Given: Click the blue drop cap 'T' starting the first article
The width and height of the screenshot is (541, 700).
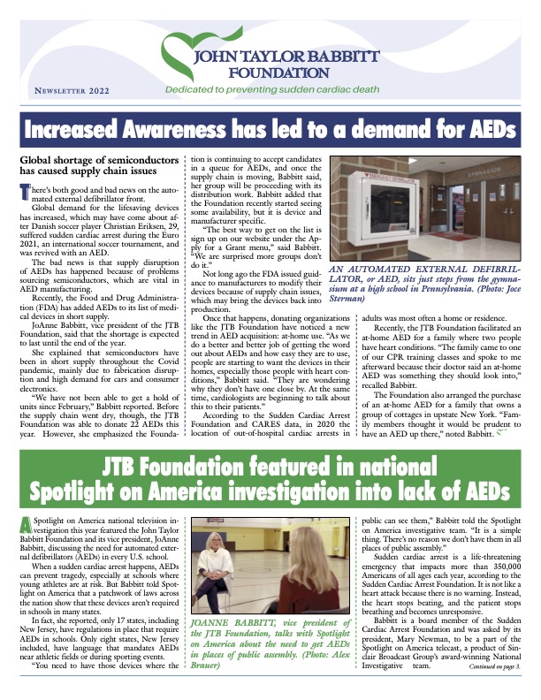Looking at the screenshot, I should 25,192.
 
